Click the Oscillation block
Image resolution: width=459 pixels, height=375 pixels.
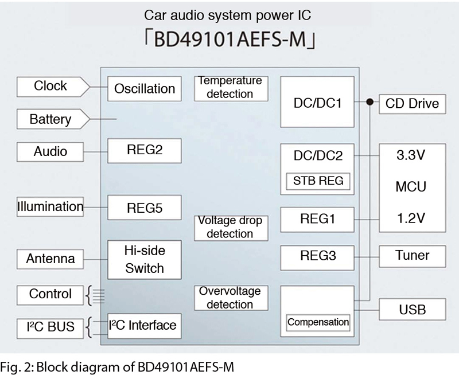click(145, 89)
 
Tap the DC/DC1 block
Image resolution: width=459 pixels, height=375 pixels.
click(317, 102)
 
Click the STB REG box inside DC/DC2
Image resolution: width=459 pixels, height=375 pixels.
click(318, 181)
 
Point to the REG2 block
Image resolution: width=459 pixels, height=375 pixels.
click(145, 151)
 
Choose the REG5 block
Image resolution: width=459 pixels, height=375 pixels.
click(145, 208)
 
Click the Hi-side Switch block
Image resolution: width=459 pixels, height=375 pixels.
click(145, 260)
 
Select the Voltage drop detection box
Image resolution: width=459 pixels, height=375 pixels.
click(231, 228)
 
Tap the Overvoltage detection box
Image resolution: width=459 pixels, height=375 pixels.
click(231, 298)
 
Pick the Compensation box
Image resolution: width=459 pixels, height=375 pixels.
click(318, 323)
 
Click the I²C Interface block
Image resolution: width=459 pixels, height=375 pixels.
click(145, 326)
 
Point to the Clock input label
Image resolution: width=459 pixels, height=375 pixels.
click(53, 87)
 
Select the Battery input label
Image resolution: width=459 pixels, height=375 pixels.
click(53, 119)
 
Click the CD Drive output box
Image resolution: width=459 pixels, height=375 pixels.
click(413, 104)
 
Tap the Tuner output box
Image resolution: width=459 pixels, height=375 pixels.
click(413, 256)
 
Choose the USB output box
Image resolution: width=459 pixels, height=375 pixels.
click(413, 309)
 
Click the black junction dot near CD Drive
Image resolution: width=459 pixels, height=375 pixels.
click(370, 102)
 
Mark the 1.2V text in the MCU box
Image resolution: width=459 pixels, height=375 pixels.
click(411, 218)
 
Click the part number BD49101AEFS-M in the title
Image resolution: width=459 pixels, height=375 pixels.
click(230, 40)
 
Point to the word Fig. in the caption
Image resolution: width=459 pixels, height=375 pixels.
click(11, 367)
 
